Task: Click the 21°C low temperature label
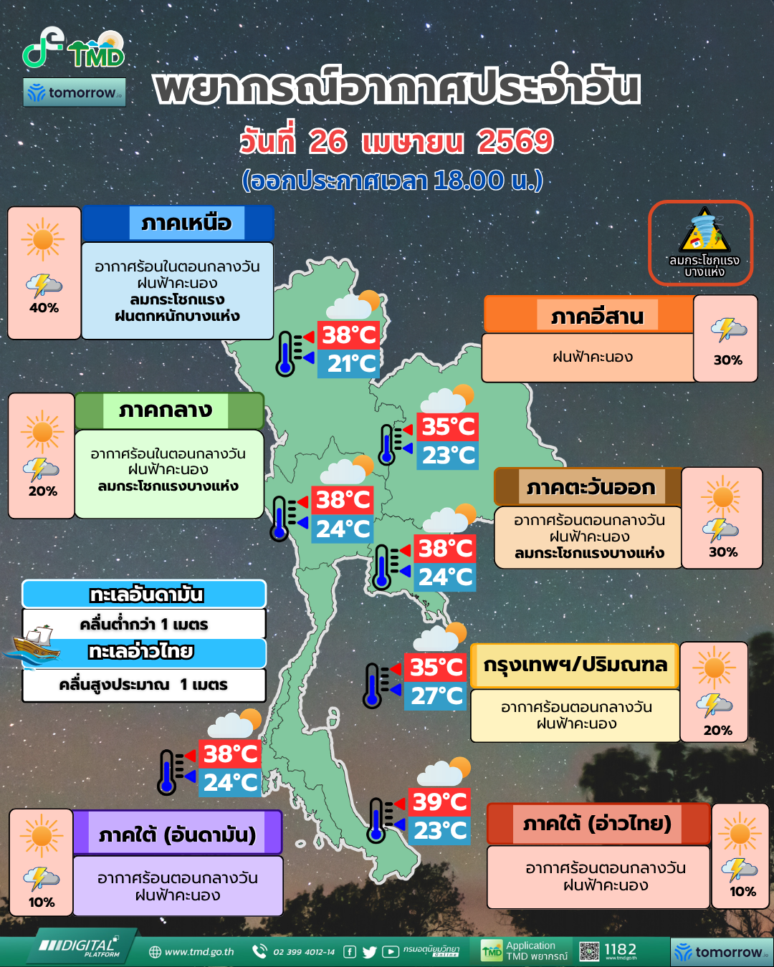[x=351, y=364]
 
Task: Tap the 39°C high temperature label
[x=439, y=802]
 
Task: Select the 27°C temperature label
[x=436, y=696]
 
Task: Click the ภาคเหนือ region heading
[x=186, y=223]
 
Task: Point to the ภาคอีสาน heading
[x=597, y=316]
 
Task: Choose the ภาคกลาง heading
[x=166, y=410]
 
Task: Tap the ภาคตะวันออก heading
[x=591, y=488]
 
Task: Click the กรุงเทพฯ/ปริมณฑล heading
[x=575, y=665]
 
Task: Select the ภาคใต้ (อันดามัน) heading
[x=177, y=834]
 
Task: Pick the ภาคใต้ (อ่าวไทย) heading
[x=597, y=824]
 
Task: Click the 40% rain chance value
[x=44, y=308]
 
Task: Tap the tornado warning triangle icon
[x=704, y=231]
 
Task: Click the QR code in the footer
[x=589, y=951]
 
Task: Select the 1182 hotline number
[x=620, y=949]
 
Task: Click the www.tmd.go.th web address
[x=199, y=952]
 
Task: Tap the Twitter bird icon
[x=370, y=952]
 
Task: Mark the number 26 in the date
[x=328, y=141]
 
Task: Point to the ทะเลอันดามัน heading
[x=146, y=595]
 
